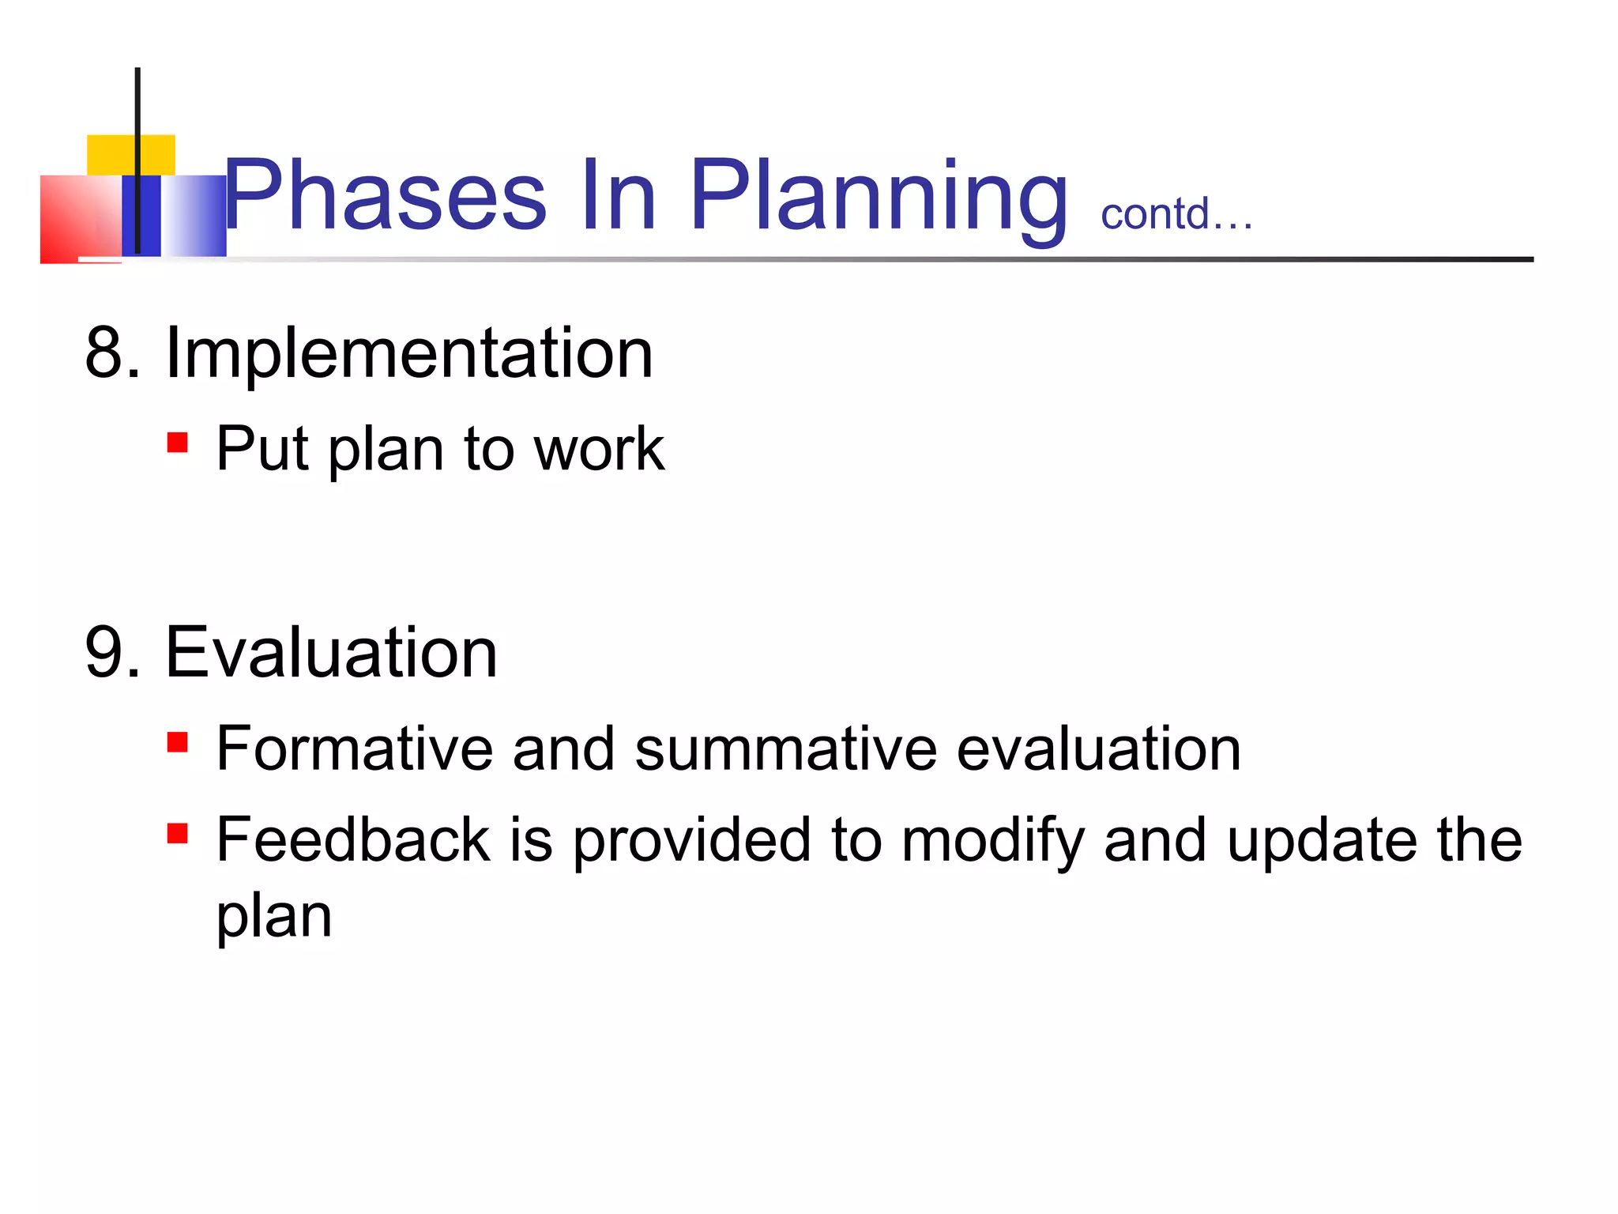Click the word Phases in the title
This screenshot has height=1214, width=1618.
[386, 195]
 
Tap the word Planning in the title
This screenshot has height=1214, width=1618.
[879, 198]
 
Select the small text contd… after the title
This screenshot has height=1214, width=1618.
[1176, 214]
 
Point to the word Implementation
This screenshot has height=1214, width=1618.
[409, 354]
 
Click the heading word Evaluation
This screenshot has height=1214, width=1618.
[331, 653]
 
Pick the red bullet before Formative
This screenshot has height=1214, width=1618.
[178, 742]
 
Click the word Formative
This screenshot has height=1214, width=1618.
[355, 748]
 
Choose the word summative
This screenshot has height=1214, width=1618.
[785, 748]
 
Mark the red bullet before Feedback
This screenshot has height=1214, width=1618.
[178, 834]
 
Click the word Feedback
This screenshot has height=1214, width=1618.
[353, 839]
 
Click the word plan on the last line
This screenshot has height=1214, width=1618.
[273, 919]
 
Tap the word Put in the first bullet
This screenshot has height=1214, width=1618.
[262, 449]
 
